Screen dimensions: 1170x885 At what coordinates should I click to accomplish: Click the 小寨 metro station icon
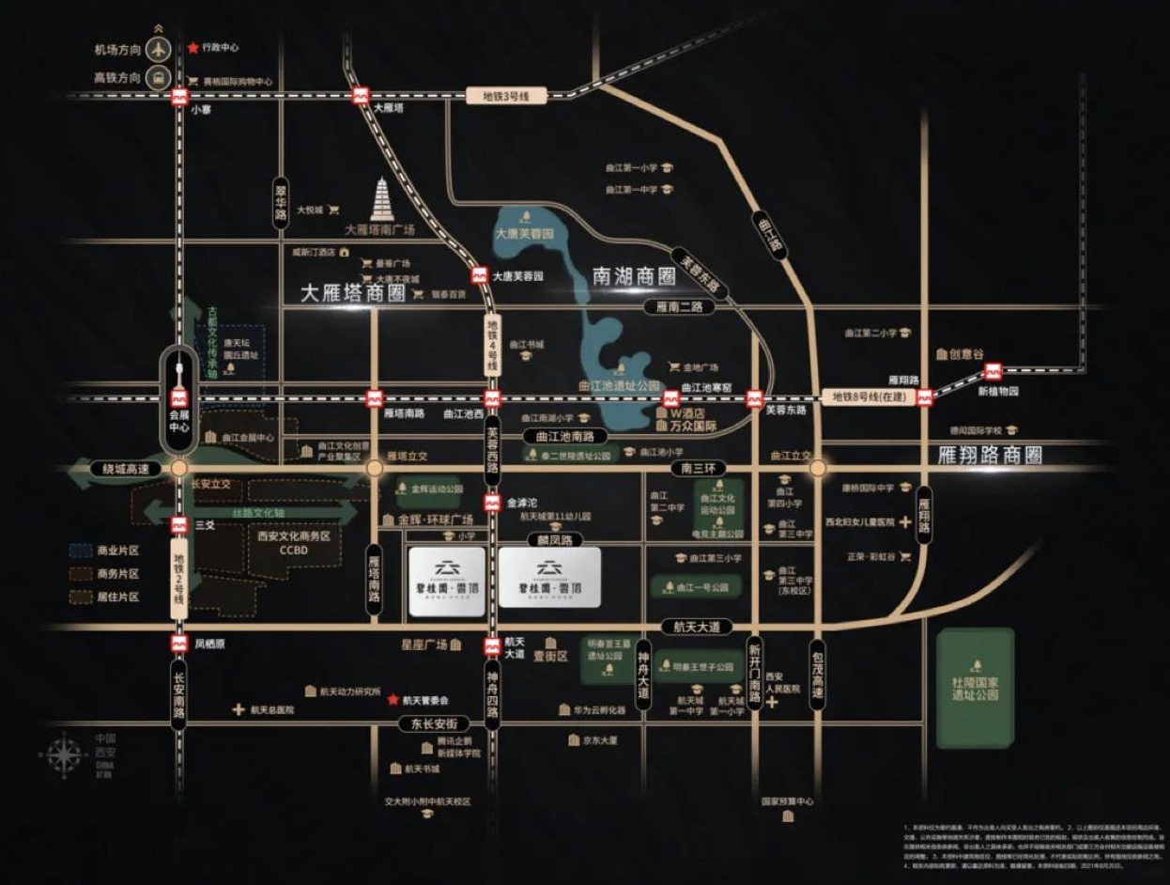coord(179,96)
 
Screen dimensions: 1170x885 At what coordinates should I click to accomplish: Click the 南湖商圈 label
coord(635,276)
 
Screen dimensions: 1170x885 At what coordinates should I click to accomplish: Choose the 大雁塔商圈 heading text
coord(352,292)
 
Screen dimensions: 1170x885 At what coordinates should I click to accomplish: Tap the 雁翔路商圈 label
coord(991,456)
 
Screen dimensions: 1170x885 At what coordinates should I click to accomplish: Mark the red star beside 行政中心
coord(193,47)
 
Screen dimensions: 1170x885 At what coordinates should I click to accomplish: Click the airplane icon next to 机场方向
coord(159,50)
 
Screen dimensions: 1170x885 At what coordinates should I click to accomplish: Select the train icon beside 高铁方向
coord(159,78)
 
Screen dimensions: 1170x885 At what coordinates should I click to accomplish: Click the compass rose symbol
coord(65,754)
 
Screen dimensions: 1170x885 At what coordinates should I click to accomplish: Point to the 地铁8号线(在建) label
coord(863,397)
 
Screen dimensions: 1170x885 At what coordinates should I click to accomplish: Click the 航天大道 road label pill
coord(695,627)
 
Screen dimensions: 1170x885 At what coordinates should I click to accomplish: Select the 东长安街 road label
coord(434,723)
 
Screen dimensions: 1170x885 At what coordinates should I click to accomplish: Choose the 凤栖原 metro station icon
coord(179,644)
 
